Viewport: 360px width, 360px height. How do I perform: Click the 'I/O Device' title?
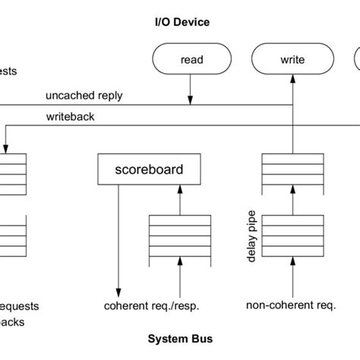coord(177,22)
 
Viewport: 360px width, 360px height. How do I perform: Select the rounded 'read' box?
coord(191,59)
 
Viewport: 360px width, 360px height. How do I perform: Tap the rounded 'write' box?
coord(292,59)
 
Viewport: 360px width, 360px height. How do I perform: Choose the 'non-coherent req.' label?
coord(291,306)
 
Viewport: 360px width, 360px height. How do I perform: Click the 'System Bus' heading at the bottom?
coord(180,339)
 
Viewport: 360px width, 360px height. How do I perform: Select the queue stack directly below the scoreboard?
coord(179,239)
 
